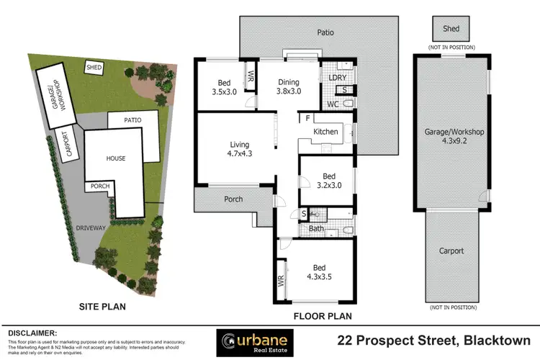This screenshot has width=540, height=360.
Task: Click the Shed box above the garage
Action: (451, 29)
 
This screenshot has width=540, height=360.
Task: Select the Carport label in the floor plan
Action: (451, 251)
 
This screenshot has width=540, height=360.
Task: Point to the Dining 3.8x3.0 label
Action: (288, 86)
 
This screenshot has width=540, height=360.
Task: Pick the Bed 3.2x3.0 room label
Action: (327, 180)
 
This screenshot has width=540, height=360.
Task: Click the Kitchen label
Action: (325, 132)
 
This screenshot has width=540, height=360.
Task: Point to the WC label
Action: (333, 104)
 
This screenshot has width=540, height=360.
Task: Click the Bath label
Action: (317, 229)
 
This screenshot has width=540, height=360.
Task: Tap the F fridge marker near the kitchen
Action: (307, 118)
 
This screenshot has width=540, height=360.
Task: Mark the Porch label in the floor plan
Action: (233, 199)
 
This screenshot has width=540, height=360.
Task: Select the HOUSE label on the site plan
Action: (116, 158)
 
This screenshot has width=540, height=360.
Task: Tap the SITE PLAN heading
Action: (102, 307)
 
